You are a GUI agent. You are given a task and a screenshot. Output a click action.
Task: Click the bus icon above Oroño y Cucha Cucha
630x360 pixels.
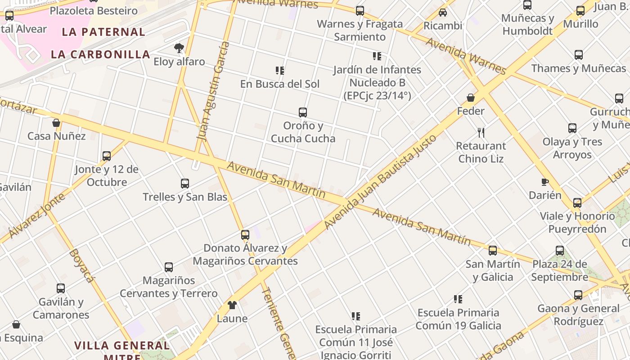(x=303, y=112)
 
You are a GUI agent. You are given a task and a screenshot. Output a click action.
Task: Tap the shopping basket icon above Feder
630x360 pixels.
(x=471, y=98)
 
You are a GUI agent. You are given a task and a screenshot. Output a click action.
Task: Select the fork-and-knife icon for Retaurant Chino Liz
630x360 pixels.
(x=481, y=132)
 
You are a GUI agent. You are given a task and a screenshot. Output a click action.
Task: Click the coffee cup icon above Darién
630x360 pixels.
(x=544, y=182)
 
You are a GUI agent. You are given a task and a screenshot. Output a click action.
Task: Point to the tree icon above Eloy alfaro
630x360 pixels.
(x=179, y=48)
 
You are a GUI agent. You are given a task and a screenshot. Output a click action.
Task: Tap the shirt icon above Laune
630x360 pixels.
(x=232, y=305)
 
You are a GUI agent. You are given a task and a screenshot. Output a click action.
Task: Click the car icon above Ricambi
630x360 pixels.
(x=443, y=13)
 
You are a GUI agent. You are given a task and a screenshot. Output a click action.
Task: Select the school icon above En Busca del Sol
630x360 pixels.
(x=280, y=71)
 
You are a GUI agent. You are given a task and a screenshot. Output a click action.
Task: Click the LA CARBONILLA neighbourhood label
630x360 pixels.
(x=100, y=54)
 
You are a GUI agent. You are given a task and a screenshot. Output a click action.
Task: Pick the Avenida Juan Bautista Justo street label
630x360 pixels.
(x=380, y=182)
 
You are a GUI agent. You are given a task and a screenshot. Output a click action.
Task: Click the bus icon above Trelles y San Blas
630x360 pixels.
(x=185, y=183)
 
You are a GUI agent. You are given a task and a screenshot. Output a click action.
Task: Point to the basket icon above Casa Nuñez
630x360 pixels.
(x=56, y=123)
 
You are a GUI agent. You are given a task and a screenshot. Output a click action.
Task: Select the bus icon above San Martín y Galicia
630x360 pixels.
(x=493, y=251)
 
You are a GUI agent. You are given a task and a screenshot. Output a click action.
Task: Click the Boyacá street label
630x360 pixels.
(x=81, y=265)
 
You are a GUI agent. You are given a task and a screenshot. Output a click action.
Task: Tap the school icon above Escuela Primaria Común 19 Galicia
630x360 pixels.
(x=458, y=299)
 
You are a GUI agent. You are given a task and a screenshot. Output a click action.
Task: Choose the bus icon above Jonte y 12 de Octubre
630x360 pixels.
(x=107, y=156)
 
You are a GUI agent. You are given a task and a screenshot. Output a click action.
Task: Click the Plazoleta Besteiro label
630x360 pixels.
(x=94, y=10)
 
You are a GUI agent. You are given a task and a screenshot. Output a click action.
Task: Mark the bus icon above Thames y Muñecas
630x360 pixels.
(x=579, y=55)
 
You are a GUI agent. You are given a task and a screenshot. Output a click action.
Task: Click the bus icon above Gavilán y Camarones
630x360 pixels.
(x=61, y=288)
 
